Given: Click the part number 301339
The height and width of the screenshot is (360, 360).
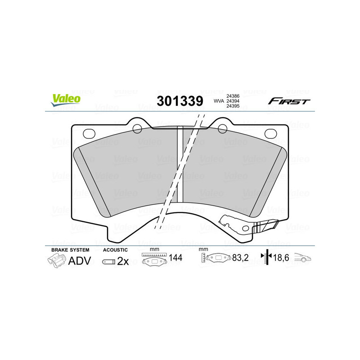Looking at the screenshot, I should [x=180, y=101].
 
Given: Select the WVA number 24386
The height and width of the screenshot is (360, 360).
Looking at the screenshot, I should [x=233, y=96].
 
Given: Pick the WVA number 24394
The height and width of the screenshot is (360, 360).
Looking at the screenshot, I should [x=233, y=101].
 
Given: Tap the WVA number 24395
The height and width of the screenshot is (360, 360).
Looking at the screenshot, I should [x=233, y=107].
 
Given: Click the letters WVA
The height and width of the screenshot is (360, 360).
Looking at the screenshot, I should [x=218, y=101].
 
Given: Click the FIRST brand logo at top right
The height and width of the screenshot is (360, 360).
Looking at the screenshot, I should [x=288, y=101].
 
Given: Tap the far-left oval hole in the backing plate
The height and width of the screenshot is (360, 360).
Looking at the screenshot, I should [x=90, y=133].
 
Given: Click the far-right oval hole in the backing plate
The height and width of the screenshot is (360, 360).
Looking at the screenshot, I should [x=270, y=133].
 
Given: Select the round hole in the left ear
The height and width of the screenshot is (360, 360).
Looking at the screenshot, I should [x=138, y=129].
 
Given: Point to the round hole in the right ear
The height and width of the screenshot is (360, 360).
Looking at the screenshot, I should [x=222, y=129].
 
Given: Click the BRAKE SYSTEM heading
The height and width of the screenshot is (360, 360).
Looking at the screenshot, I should [x=70, y=250].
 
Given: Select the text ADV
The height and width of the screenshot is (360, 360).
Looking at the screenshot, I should [x=80, y=261].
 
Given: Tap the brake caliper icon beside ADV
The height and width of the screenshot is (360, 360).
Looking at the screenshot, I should [x=57, y=261].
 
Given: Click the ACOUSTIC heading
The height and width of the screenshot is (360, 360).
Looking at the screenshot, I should [x=115, y=250].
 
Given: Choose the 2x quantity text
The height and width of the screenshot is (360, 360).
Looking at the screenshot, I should [x=123, y=261].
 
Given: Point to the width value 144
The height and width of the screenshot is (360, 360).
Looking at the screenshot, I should [x=175, y=258].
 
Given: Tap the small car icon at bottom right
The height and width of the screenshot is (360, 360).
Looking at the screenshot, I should [x=303, y=258].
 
